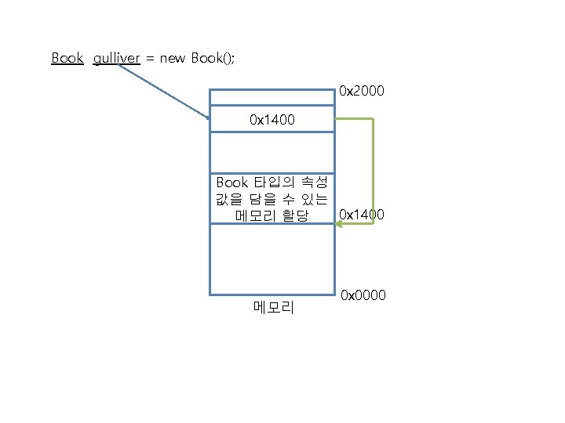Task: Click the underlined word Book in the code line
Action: [x=67, y=58]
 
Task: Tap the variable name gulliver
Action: [x=116, y=58]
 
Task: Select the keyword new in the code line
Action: [x=173, y=58]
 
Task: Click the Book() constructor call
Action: [x=213, y=58]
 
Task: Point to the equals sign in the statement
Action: [x=150, y=59]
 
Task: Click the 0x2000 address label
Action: [x=362, y=92]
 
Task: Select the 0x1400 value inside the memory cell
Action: [x=272, y=120]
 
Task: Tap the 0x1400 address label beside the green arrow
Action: [x=362, y=214]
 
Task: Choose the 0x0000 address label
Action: [x=363, y=295]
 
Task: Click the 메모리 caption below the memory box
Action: [x=273, y=308]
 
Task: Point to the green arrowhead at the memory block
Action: [x=340, y=224]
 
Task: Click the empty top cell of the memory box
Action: [x=272, y=96]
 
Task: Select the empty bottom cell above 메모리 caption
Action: [x=272, y=258]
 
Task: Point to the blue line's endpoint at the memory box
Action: [x=209, y=118]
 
